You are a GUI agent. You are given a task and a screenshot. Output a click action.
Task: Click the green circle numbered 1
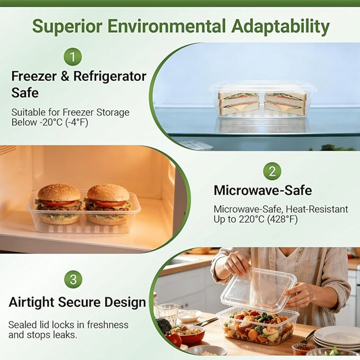tap(73, 57)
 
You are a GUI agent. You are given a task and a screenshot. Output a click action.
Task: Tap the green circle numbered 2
tap(272, 171)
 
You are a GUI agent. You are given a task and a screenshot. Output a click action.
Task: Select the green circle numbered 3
tap(73, 279)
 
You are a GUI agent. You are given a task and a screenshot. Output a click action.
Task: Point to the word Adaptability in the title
tap(280, 27)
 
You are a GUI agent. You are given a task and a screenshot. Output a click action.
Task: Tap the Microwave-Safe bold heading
tap(262, 190)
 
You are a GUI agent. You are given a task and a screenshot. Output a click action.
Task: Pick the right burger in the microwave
tap(108, 203)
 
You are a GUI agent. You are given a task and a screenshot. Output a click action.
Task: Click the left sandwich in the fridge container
tap(238, 104)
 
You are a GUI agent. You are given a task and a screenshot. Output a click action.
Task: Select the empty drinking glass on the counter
tap(168, 313)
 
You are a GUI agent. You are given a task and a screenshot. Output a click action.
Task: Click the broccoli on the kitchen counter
tap(163, 326)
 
